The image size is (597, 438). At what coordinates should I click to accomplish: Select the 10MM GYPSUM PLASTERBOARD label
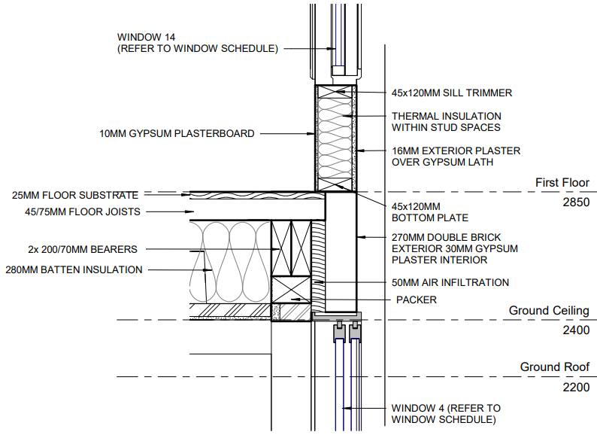177,134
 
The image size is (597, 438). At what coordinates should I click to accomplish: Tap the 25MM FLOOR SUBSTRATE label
75,196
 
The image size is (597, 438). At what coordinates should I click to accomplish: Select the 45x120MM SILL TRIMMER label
451,93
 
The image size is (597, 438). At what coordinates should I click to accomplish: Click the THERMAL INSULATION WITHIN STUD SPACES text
446,122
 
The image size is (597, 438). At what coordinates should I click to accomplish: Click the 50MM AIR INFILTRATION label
450,283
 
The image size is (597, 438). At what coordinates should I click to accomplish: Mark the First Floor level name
562,183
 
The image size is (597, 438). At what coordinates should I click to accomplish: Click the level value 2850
576,203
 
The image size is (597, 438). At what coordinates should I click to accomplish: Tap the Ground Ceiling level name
549,311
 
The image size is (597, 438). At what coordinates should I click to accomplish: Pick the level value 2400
576,330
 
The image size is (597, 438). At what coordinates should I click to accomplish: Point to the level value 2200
576,388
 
